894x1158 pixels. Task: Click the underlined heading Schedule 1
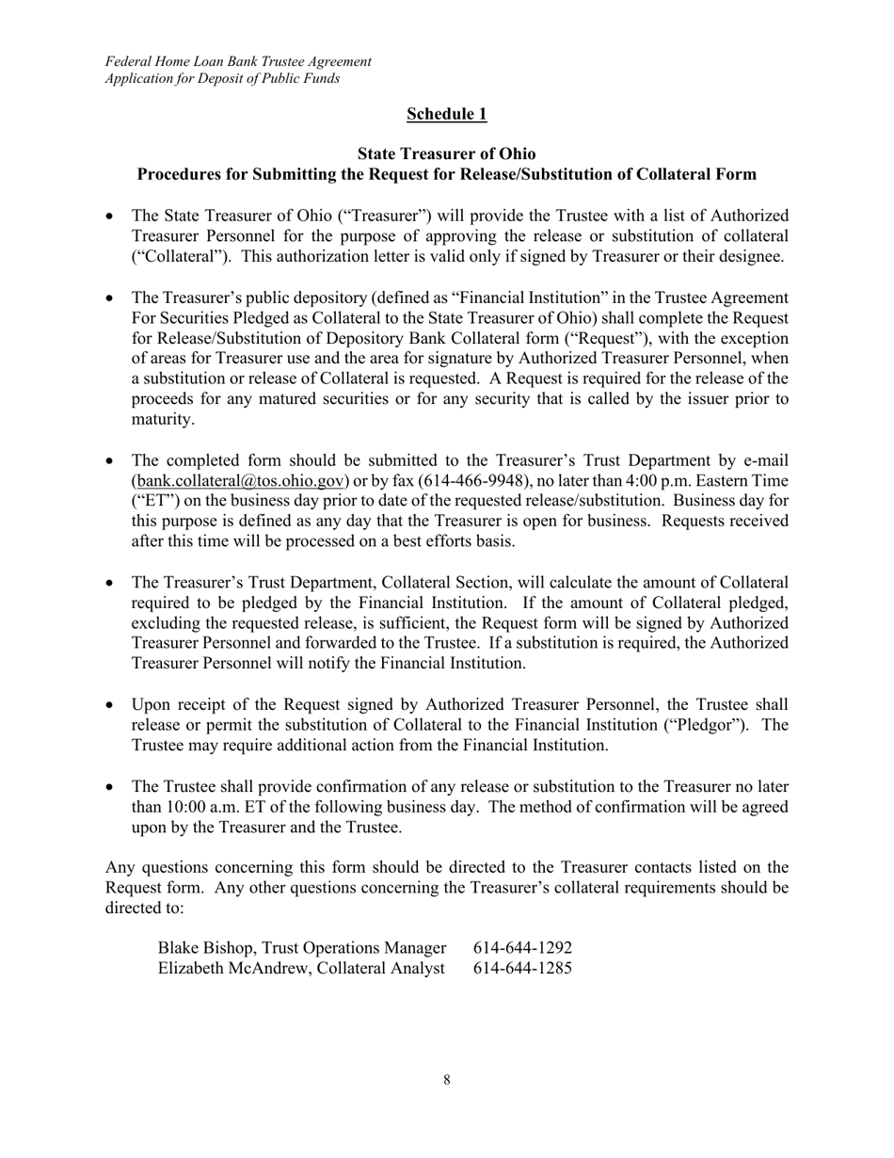pos(446,114)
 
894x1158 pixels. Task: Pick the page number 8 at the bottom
pos(446,1080)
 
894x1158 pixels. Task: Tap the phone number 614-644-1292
pos(522,946)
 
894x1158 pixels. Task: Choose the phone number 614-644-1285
pos(522,967)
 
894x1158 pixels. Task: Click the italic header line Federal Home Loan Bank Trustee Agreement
pos(238,61)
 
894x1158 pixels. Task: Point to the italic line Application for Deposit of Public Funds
pos(222,78)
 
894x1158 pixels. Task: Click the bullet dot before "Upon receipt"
pos(110,705)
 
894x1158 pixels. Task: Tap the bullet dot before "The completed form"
pos(110,461)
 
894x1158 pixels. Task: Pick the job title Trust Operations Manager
pos(361,946)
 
